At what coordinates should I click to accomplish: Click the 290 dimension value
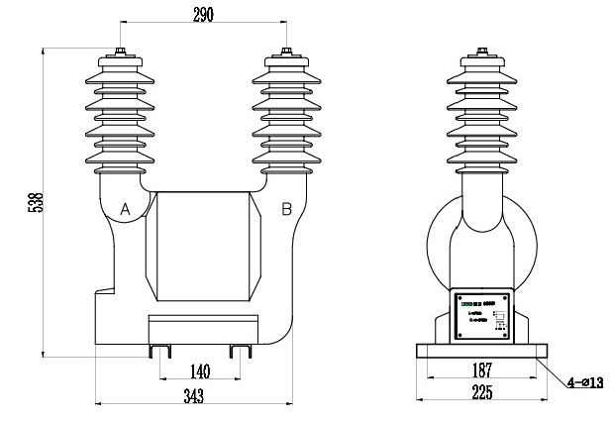click(202, 13)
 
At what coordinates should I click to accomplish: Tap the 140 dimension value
click(199, 371)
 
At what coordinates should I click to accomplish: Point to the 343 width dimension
click(193, 395)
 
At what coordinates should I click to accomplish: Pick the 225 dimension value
click(480, 392)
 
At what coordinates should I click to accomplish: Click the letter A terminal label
click(125, 209)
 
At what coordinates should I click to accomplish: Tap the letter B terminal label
click(286, 208)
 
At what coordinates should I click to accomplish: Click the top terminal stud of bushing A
click(121, 53)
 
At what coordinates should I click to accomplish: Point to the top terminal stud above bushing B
click(285, 53)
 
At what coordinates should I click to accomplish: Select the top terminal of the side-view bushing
click(482, 51)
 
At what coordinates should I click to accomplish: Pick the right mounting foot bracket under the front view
click(240, 350)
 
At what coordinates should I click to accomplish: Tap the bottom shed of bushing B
click(285, 158)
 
